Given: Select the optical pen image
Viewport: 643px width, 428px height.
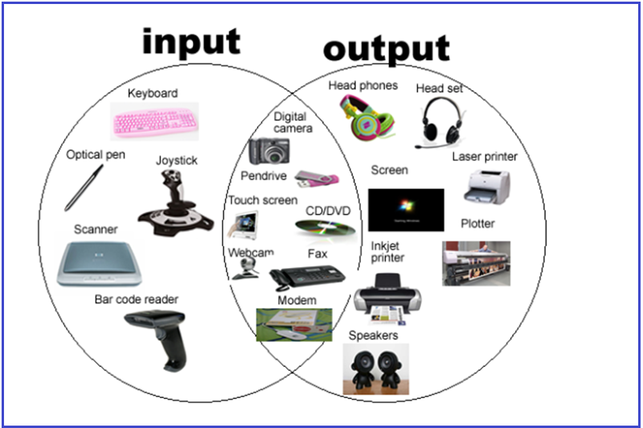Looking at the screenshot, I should coord(84,186).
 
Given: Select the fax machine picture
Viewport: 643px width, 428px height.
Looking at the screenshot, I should coord(305,276).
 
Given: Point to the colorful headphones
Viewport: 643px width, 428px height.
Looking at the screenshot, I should coord(367,113).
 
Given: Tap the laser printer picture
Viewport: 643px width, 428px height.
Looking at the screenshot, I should coord(485,186).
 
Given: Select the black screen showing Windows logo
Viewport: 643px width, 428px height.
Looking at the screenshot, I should coord(406,209).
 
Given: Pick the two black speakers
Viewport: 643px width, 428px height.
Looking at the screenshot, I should coord(375,368).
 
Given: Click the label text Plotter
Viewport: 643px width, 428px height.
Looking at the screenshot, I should coord(477,223).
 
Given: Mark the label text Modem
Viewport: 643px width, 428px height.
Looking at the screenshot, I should coord(297,300).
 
